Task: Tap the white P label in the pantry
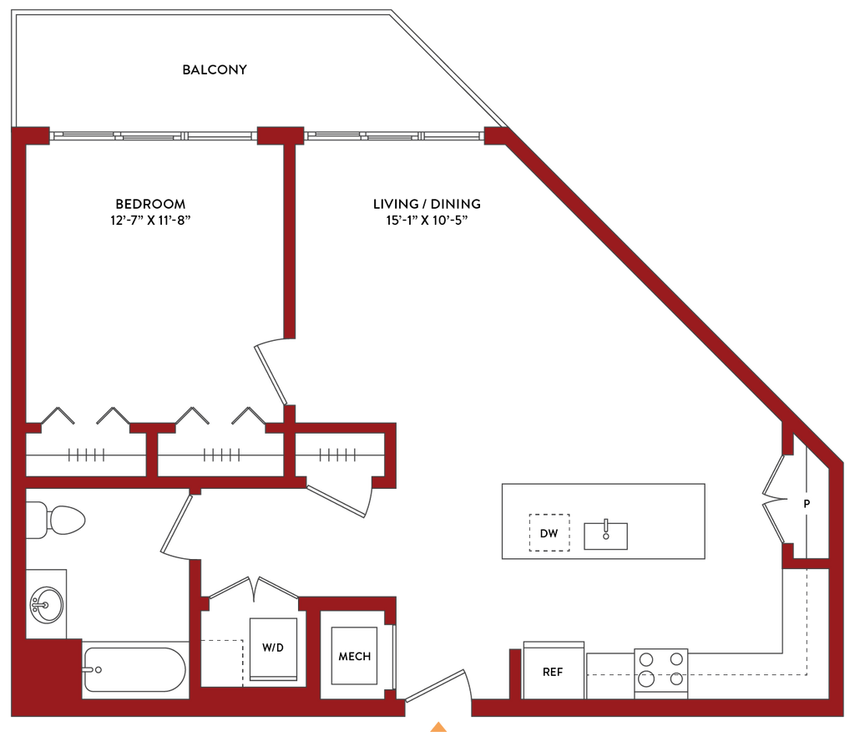(806, 504)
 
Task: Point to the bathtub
(134, 668)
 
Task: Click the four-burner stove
(661, 672)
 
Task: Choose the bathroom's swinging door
(177, 526)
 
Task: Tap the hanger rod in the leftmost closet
(87, 455)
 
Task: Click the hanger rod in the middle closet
(220, 455)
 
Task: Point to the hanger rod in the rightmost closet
(336, 455)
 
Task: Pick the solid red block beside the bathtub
(50, 673)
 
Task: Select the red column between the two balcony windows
(281, 136)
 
